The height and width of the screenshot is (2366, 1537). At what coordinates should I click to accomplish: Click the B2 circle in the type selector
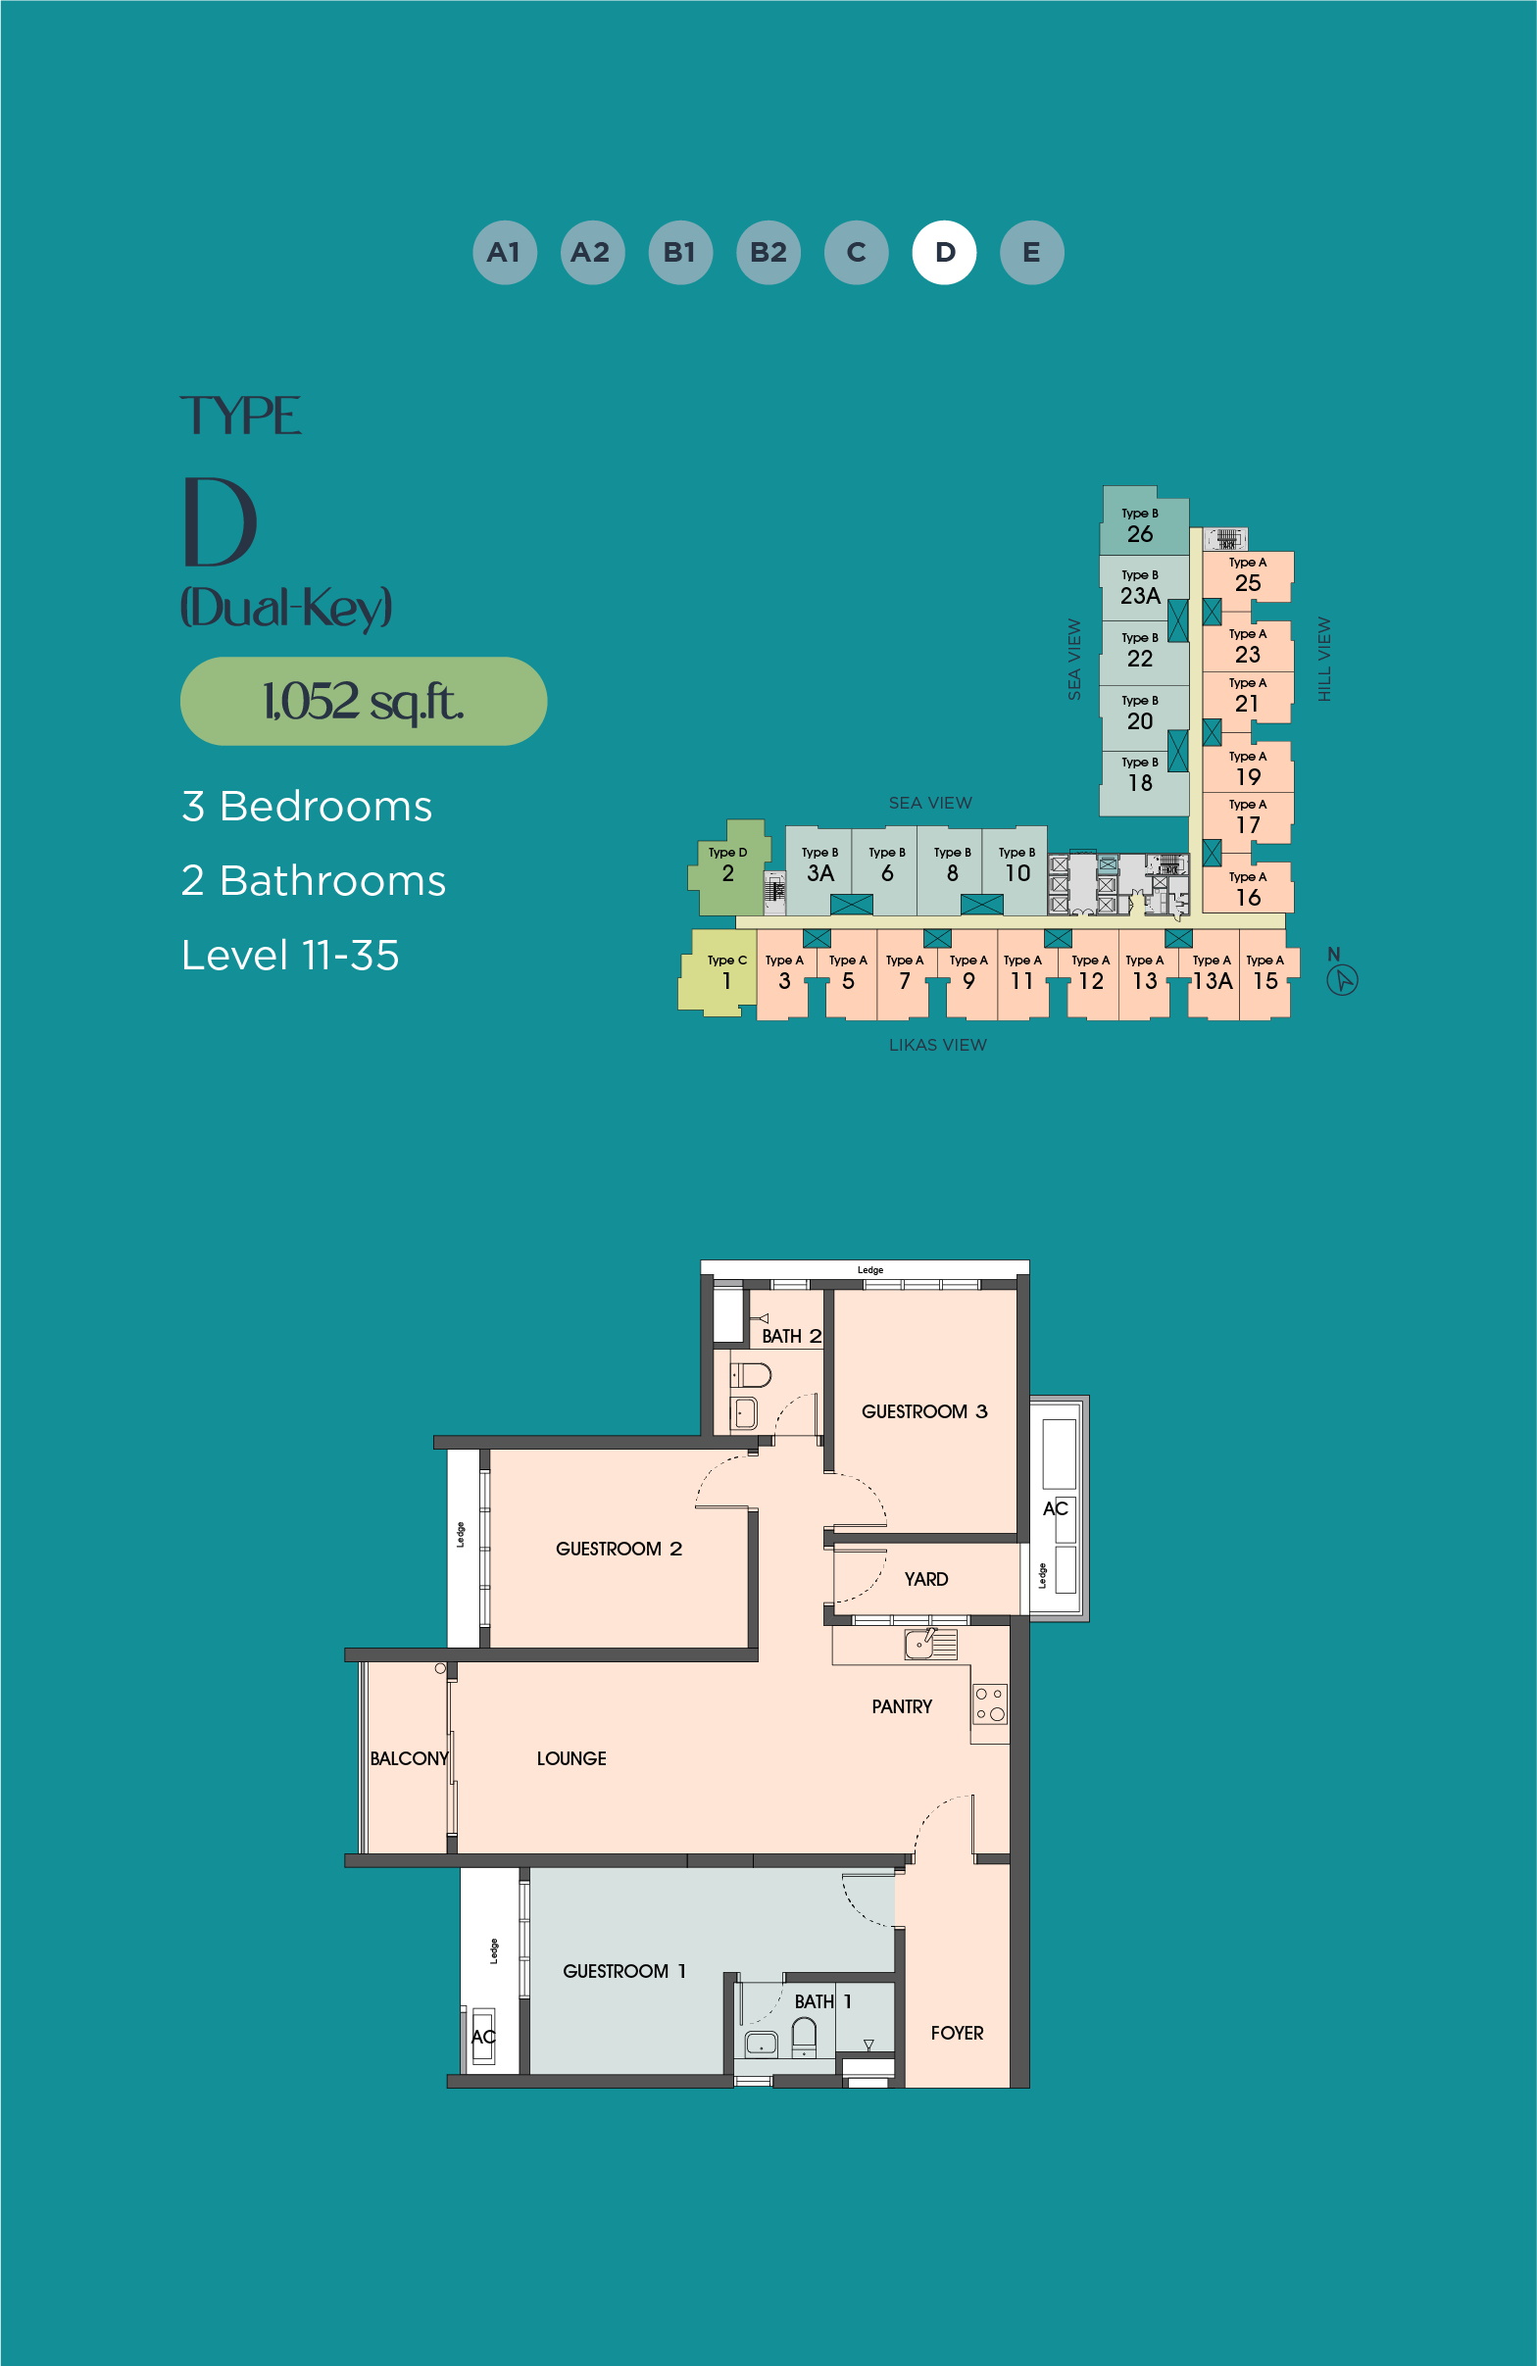tap(768, 253)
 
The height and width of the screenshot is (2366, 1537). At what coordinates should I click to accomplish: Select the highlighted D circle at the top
tap(945, 253)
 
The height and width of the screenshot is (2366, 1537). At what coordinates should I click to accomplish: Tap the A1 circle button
tap(505, 253)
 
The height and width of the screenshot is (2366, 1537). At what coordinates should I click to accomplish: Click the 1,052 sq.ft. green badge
tap(364, 701)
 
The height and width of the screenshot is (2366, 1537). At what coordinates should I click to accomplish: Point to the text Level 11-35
tap(290, 956)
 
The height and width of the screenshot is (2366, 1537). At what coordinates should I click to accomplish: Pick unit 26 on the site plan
tap(1143, 521)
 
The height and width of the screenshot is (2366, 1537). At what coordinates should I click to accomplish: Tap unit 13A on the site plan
tap(1213, 974)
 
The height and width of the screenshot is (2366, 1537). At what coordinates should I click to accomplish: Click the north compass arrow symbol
tap(1342, 980)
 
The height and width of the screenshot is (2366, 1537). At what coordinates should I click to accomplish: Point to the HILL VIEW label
tap(1324, 659)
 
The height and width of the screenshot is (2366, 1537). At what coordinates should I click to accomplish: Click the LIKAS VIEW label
tap(937, 1045)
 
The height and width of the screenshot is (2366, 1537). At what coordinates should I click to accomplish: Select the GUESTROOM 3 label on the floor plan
tap(924, 1411)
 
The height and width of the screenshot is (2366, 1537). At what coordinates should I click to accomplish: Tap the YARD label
tap(925, 1580)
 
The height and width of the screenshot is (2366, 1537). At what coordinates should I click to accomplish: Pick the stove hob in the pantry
tap(990, 1702)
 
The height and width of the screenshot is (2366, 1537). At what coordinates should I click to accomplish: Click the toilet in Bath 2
tap(752, 1375)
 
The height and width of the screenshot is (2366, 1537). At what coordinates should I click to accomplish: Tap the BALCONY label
tap(409, 1758)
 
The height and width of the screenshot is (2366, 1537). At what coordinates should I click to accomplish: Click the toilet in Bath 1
tap(803, 2037)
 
